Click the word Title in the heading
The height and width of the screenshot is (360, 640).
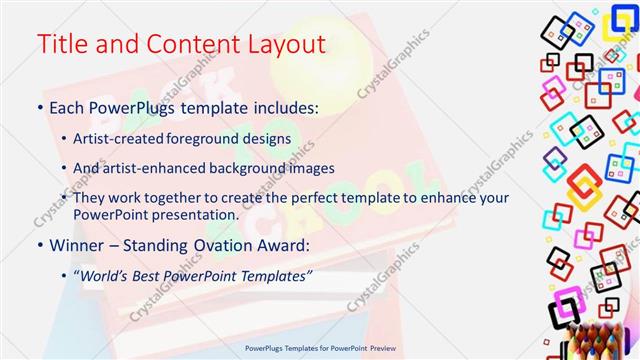pos(62,45)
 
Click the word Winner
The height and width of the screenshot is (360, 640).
pos(76,244)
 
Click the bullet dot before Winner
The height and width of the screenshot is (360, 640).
pos(40,244)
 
